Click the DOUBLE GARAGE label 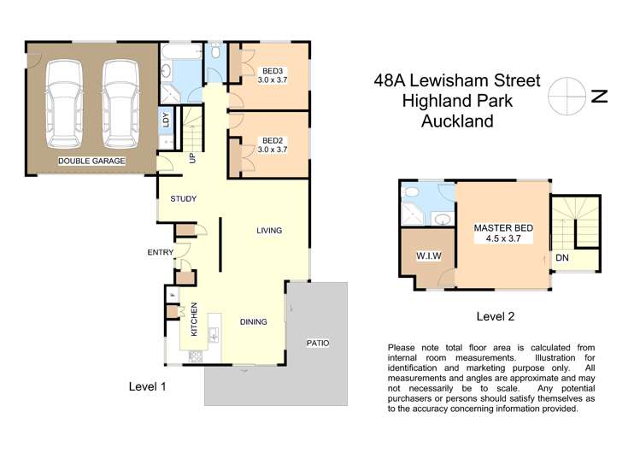coord(91,161)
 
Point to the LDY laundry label coord(166,121)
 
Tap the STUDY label coord(183,199)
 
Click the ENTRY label coord(160,252)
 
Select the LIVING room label coord(269,231)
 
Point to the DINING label coord(254,322)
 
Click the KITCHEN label coord(194,319)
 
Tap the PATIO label coord(318,344)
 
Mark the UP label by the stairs coord(192,158)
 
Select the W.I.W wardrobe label coord(427,256)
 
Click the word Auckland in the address coord(457,121)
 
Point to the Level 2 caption coord(496,316)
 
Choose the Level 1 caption coord(147,386)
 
